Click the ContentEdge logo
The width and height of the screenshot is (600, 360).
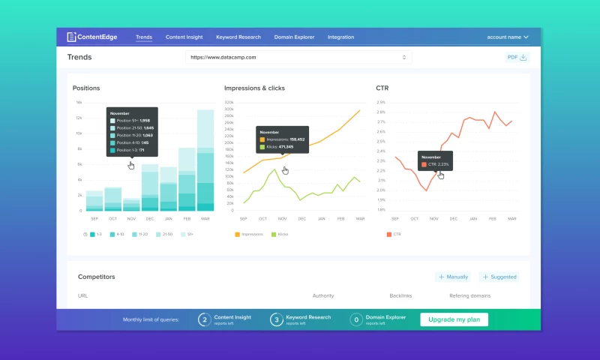[94, 37]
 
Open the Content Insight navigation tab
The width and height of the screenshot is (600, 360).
[184, 37]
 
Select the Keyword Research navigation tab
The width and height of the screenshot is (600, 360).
[238, 37]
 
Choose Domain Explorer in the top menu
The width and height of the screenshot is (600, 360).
[294, 37]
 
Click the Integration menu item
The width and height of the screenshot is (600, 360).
[340, 37]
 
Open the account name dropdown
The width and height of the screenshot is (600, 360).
[508, 37]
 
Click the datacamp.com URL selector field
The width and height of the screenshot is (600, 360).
[298, 57]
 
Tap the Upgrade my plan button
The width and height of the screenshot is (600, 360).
[454, 319]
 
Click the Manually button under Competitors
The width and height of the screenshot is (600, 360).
[454, 277]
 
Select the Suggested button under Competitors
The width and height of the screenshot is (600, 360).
[499, 277]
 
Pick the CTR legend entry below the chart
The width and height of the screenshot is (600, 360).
[395, 234]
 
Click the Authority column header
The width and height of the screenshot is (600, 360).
[323, 295]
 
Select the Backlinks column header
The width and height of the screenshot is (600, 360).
[401, 295]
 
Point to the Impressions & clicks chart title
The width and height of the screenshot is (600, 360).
[254, 88]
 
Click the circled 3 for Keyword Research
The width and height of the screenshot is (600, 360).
[277, 319]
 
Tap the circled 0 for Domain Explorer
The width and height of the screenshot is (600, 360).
[356, 319]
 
